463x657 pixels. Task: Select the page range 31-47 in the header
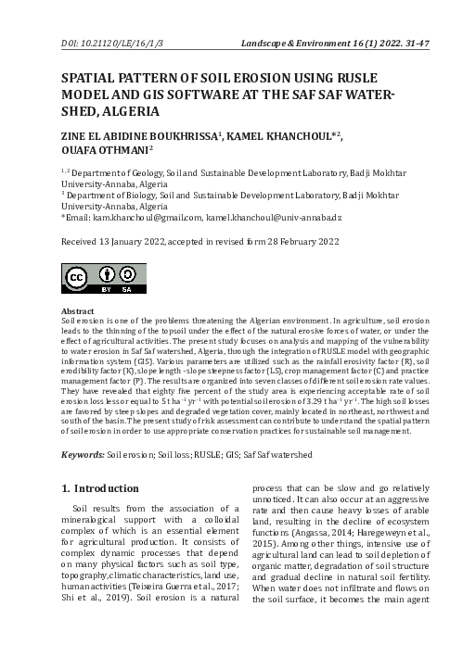(428, 44)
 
